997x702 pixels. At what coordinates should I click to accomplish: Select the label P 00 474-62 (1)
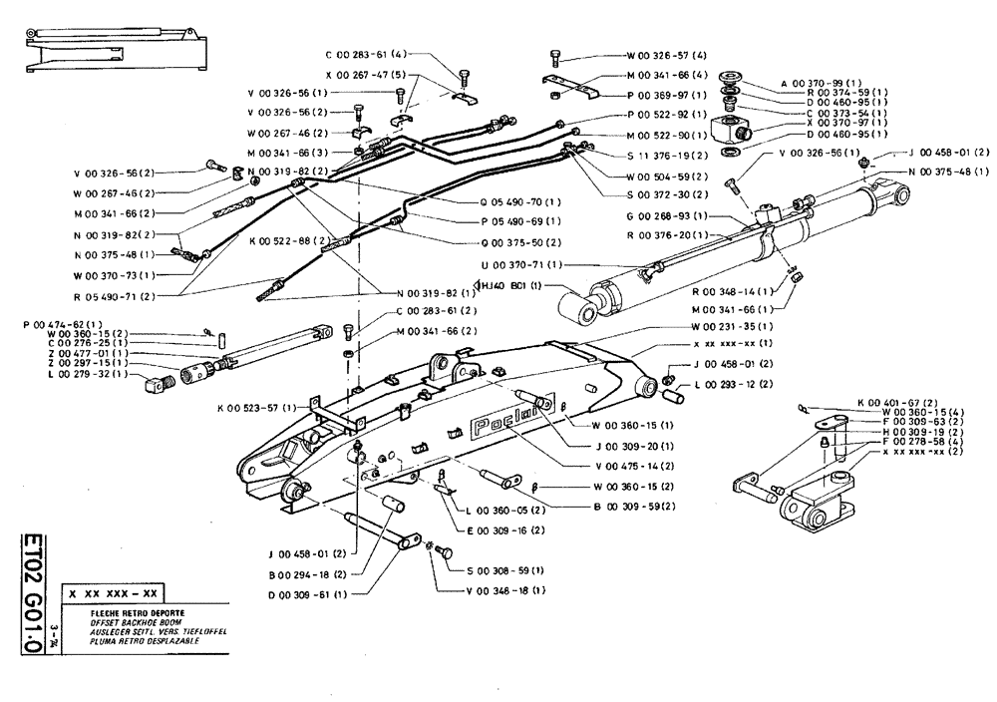[63, 324]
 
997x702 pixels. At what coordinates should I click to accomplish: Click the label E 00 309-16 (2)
[503, 529]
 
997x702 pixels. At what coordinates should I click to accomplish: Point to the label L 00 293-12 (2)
[734, 385]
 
